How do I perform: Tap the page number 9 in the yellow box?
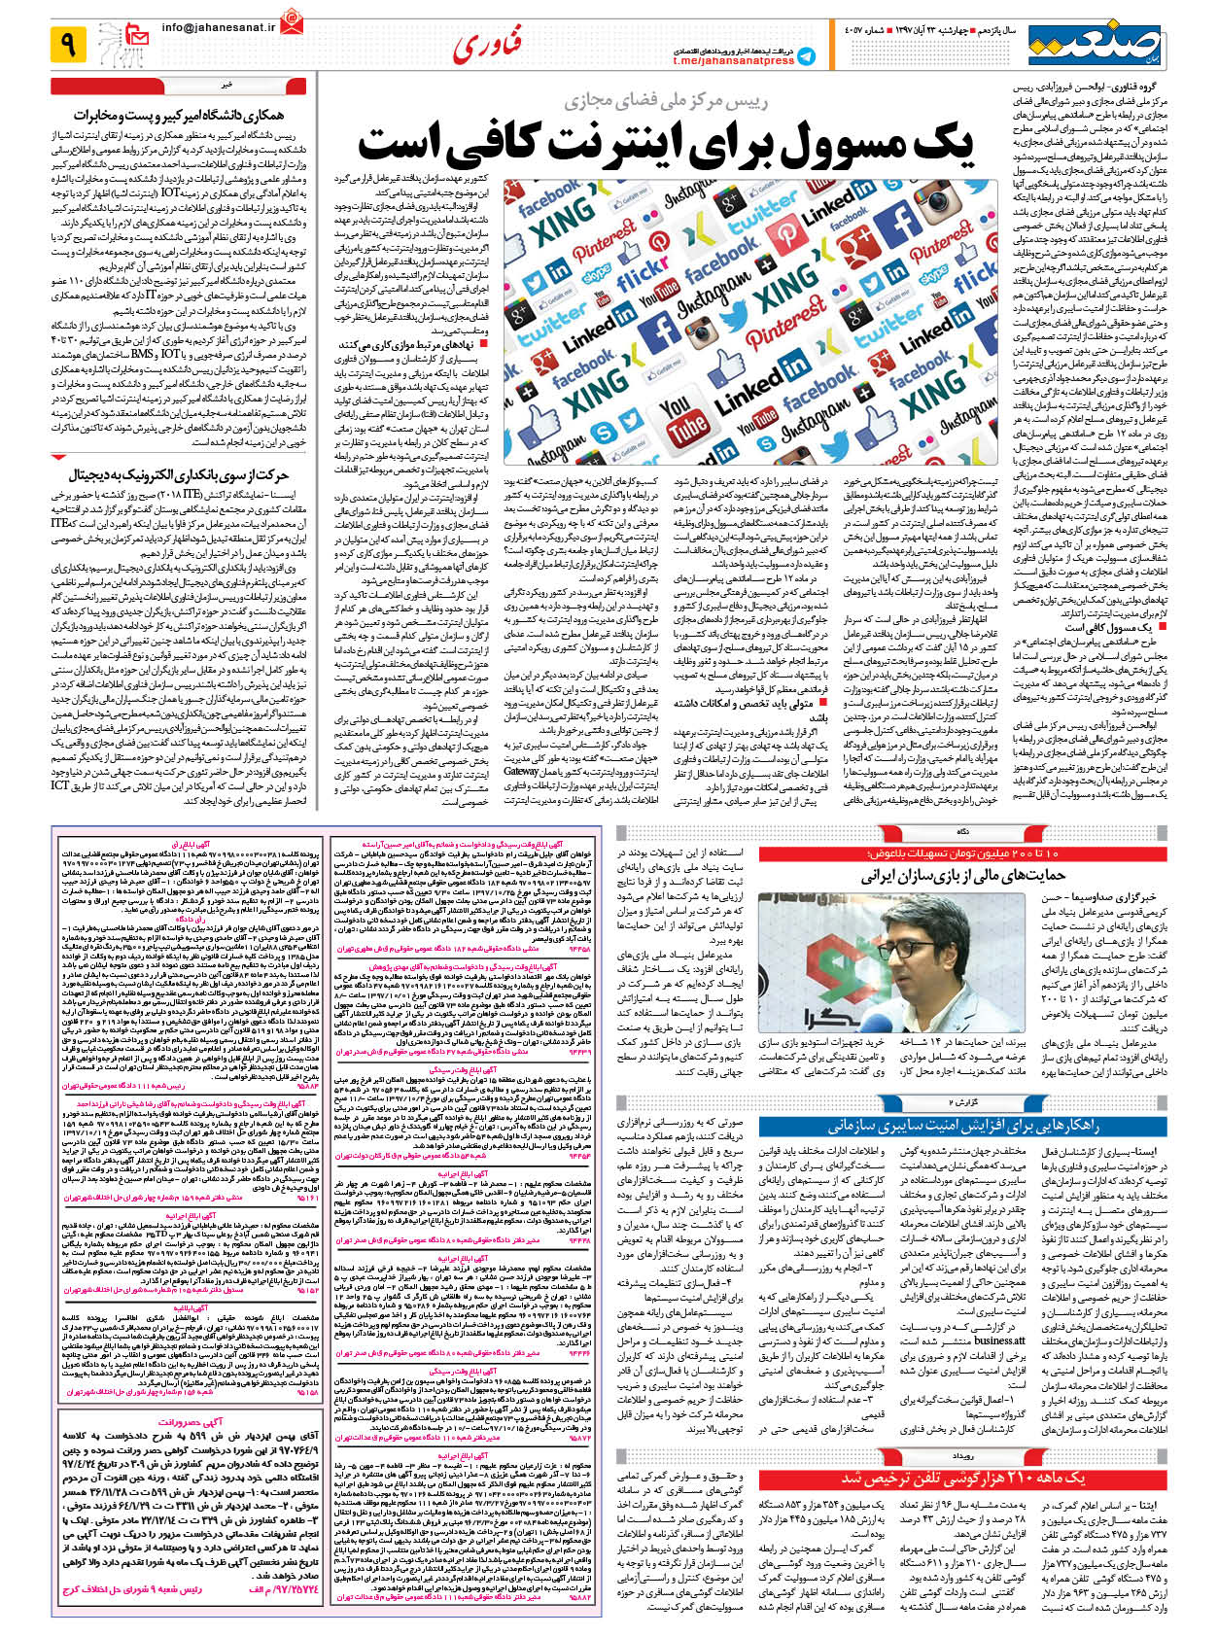68,44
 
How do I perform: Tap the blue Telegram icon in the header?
806,56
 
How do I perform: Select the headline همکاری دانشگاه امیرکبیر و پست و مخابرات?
184,115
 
